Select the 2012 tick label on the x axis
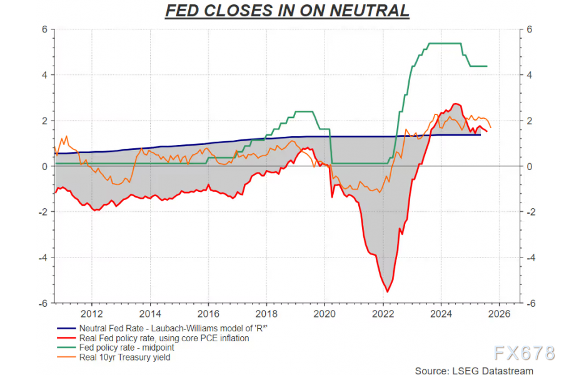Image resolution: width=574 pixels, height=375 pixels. pos(92,314)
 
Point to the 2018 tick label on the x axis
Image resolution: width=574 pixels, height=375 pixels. pos(266,314)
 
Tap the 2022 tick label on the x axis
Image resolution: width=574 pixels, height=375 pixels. pos(383,314)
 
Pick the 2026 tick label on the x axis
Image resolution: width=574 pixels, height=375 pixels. pos(499,314)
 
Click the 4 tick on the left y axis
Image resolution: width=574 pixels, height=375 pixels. pos(45,75)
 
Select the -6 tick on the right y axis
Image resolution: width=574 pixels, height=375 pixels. pos(529,303)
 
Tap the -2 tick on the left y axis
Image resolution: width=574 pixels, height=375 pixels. pos(44,212)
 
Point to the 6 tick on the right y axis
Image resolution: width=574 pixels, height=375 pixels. pos(529,29)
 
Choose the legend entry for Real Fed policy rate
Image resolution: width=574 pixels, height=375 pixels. pos(164,338)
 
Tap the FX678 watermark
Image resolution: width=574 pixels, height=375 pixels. pos(524,353)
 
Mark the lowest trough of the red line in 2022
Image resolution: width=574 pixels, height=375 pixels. pos(388,291)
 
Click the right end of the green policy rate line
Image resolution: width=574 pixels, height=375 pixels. pos(486,66)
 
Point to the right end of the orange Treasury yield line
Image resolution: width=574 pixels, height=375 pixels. pos(491,127)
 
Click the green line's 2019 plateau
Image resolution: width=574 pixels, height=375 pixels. pos(303,112)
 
